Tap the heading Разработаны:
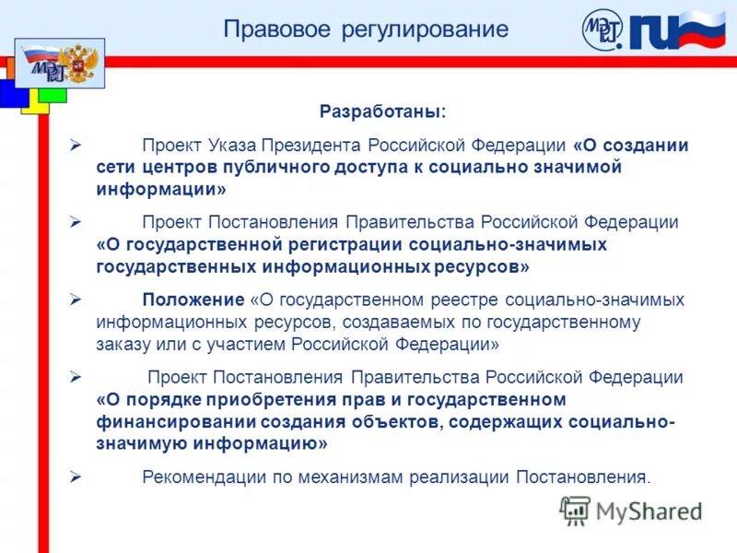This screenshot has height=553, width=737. [x=382, y=112]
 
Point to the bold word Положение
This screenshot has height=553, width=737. [x=193, y=300]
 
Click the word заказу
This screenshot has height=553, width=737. [x=123, y=345]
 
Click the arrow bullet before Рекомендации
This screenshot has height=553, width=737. [x=76, y=477]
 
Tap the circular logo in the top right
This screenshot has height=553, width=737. [x=603, y=30]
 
